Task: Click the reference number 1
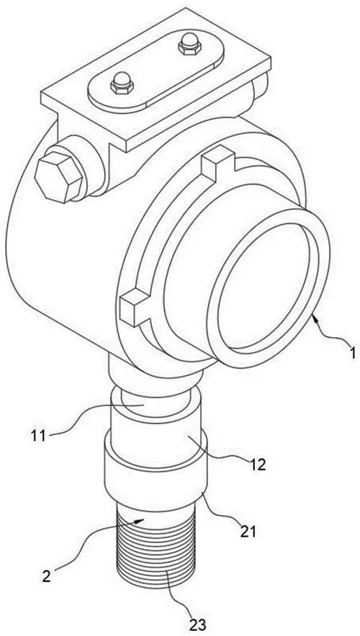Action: click(352, 352)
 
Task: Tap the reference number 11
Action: click(40, 436)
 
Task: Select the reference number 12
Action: click(256, 465)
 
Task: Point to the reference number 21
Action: click(248, 532)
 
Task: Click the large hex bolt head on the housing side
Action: click(58, 177)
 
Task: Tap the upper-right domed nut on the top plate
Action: click(190, 44)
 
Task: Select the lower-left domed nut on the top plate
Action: click(122, 83)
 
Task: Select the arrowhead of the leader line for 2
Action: click(140, 521)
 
